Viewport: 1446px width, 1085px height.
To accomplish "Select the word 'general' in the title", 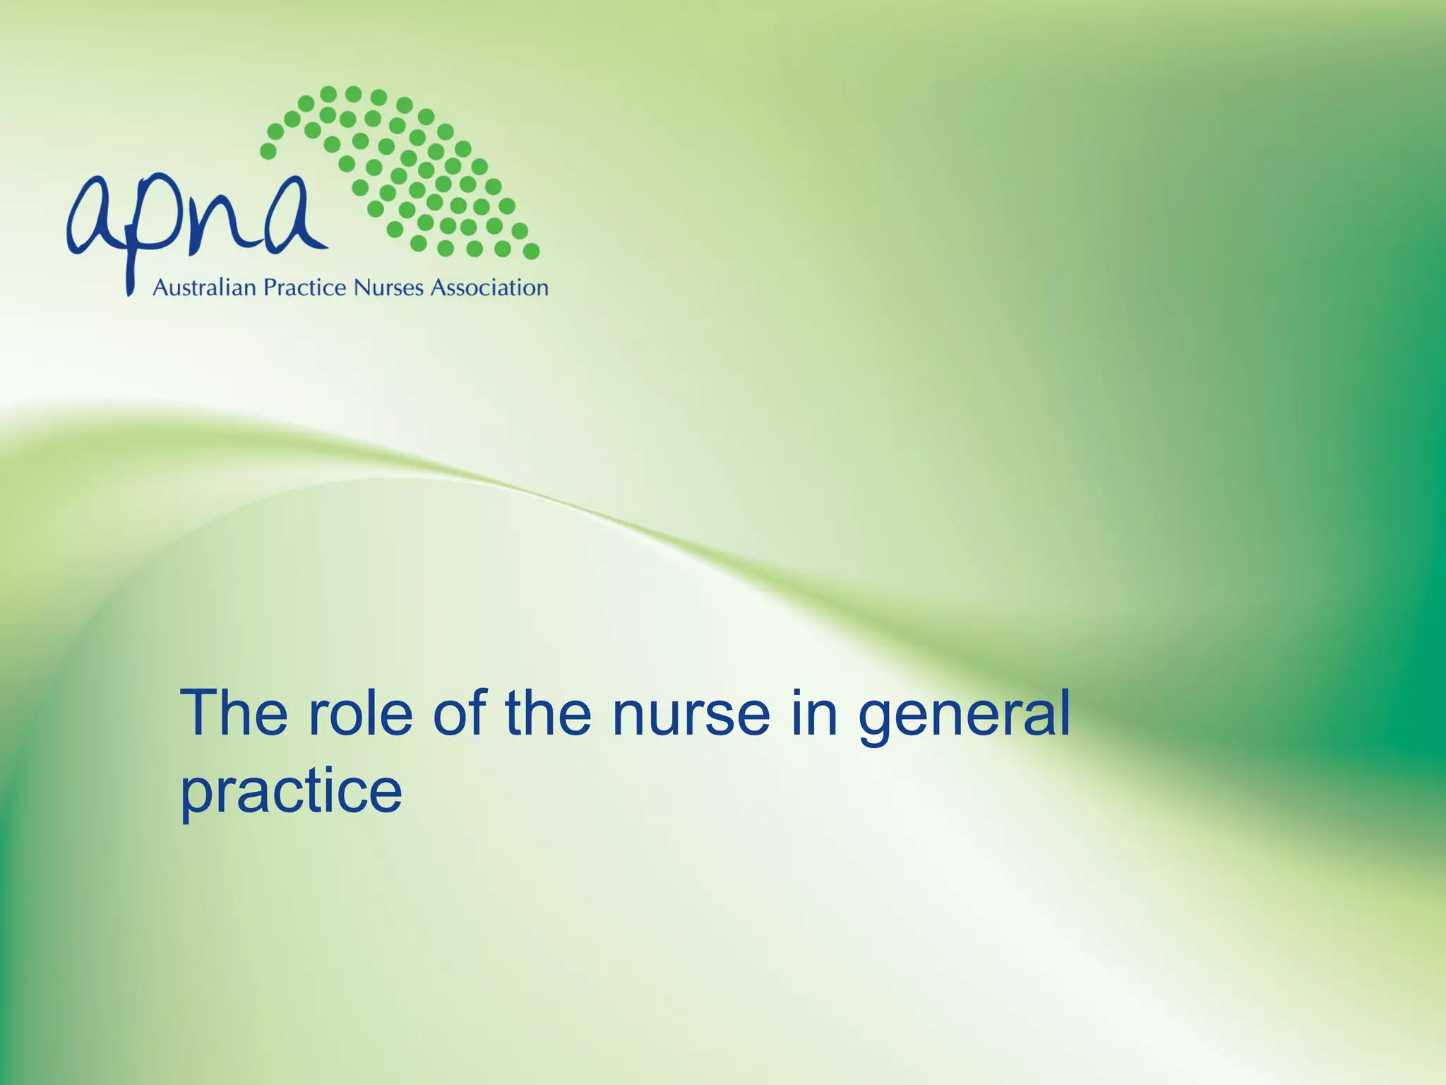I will coord(964,713).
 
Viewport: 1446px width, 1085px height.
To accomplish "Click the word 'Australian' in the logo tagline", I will coord(204,288).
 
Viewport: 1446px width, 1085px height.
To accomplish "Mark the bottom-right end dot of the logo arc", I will coord(532,251).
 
